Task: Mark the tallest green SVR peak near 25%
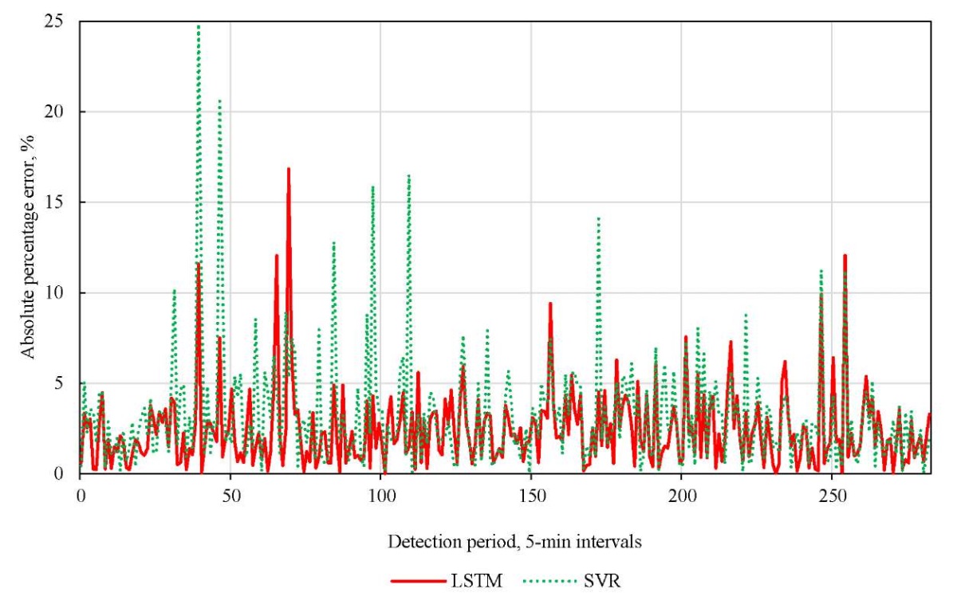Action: (198, 26)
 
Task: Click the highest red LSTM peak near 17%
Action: (288, 169)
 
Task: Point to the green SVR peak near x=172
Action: (598, 218)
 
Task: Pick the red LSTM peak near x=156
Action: (550, 304)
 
